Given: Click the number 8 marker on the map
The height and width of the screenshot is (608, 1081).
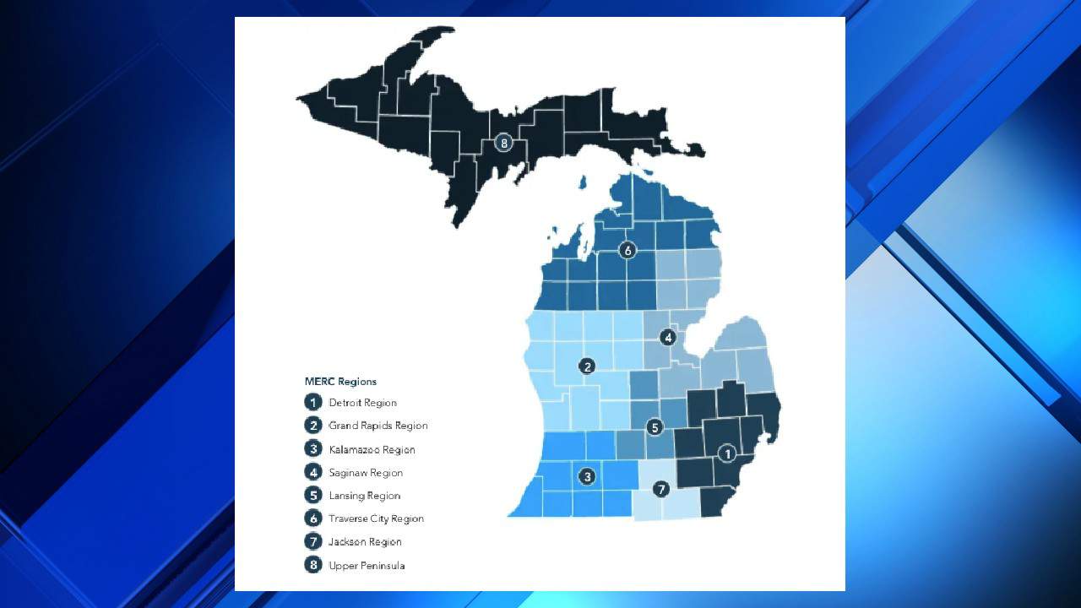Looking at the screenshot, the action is [504, 143].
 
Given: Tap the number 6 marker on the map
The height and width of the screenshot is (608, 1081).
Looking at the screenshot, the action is [627, 250].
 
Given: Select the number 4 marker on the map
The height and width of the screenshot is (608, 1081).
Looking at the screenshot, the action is [668, 337].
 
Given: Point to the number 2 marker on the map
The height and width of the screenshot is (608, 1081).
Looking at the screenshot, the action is [586, 366].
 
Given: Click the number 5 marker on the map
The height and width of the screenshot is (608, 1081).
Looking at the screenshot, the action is [655, 427].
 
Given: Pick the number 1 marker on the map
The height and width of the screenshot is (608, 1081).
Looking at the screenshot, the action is [726, 453].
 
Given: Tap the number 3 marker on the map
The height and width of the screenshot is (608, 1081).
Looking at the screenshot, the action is [587, 476].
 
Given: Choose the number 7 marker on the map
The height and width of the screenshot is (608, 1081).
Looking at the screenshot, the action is [661, 488].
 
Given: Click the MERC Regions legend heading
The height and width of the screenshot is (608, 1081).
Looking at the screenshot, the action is [340, 382].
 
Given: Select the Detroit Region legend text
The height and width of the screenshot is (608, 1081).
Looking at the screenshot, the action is [362, 403].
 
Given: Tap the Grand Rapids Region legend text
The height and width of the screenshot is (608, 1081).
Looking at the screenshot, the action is [378, 426].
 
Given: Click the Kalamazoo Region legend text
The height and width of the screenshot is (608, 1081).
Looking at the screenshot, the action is [372, 449].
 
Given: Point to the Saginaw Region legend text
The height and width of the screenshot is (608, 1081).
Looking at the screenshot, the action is [366, 473].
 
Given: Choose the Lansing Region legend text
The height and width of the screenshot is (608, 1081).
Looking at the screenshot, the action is [364, 496].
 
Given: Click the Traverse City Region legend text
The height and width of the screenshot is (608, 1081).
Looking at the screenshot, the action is [376, 518].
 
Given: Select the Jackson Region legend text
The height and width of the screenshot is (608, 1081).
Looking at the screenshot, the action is [365, 542].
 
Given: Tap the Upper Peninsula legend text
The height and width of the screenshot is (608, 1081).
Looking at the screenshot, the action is [367, 565].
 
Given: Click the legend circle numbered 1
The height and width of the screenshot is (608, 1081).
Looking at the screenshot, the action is [313, 403].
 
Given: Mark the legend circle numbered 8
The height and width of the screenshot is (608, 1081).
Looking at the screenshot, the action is [313, 565].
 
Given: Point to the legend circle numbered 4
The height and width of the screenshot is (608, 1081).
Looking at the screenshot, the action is [313, 472].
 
